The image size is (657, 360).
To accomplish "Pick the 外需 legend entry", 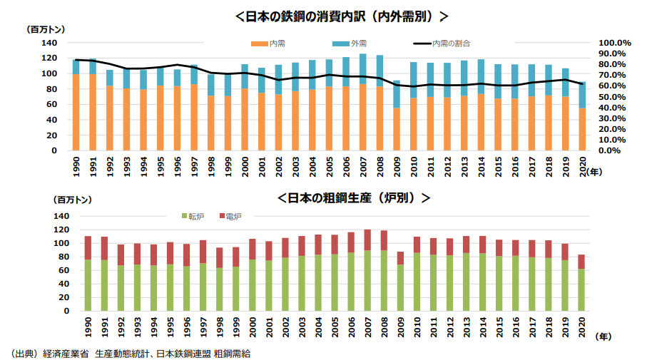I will tap(354, 44).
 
